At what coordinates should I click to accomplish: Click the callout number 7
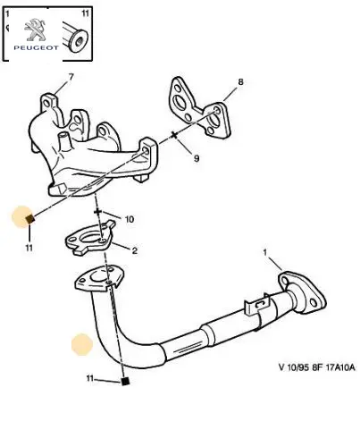(x=71, y=78)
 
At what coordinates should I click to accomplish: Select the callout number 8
(x=240, y=81)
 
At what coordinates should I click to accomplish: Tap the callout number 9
(x=197, y=158)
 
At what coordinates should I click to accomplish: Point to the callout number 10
(x=129, y=219)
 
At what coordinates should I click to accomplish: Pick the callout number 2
(x=135, y=250)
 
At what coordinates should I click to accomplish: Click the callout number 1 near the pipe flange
(x=265, y=253)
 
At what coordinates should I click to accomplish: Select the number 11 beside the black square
(x=90, y=378)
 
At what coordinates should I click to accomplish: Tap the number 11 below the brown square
(x=29, y=248)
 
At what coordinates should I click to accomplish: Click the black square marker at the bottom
(x=125, y=382)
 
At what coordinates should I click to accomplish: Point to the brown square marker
(x=30, y=220)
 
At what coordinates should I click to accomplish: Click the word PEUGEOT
(x=36, y=47)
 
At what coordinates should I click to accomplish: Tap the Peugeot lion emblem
(x=35, y=30)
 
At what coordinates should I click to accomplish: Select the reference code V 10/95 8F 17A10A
(x=317, y=367)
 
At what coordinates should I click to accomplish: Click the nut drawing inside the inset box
(x=76, y=38)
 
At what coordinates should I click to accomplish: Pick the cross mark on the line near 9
(x=174, y=135)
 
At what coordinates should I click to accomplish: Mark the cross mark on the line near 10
(x=97, y=212)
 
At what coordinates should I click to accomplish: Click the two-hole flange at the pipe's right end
(x=301, y=291)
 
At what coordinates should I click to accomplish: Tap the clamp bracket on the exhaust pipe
(x=256, y=305)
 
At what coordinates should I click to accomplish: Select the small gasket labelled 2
(x=89, y=238)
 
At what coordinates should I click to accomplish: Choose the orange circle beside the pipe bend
(x=82, y=344)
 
